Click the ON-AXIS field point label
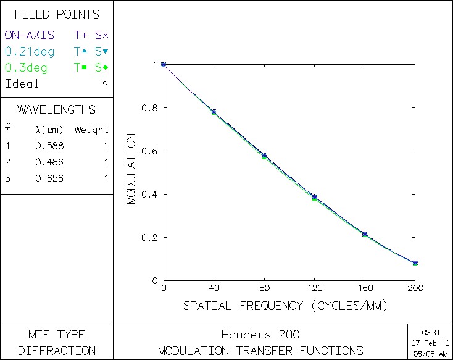pyautogui.click(x=30, y=35)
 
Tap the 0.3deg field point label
pyautogui.click(x=26, y=68)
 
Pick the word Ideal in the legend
pyautogui.click(x=22, y=84)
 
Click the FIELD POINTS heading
pyautogui.click(x=56, y=15)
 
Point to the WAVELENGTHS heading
pyautogui.click(x=56, y=110)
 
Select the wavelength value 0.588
pyautogui.click(x=49, y=146)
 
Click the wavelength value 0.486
pyautogui.click(x=49, y=162)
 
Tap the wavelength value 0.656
pyautogui.click(x=49, y=178)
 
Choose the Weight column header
pyautogui.click(x=91, y=130)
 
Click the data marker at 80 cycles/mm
pyautogui.click(x=264, y=156)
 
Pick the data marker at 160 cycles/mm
pyautogui.click(x=365, y=234)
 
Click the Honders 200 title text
pyautogui.click(x=260, y=335)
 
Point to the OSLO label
pyautogui.click(x=430, y=332)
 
